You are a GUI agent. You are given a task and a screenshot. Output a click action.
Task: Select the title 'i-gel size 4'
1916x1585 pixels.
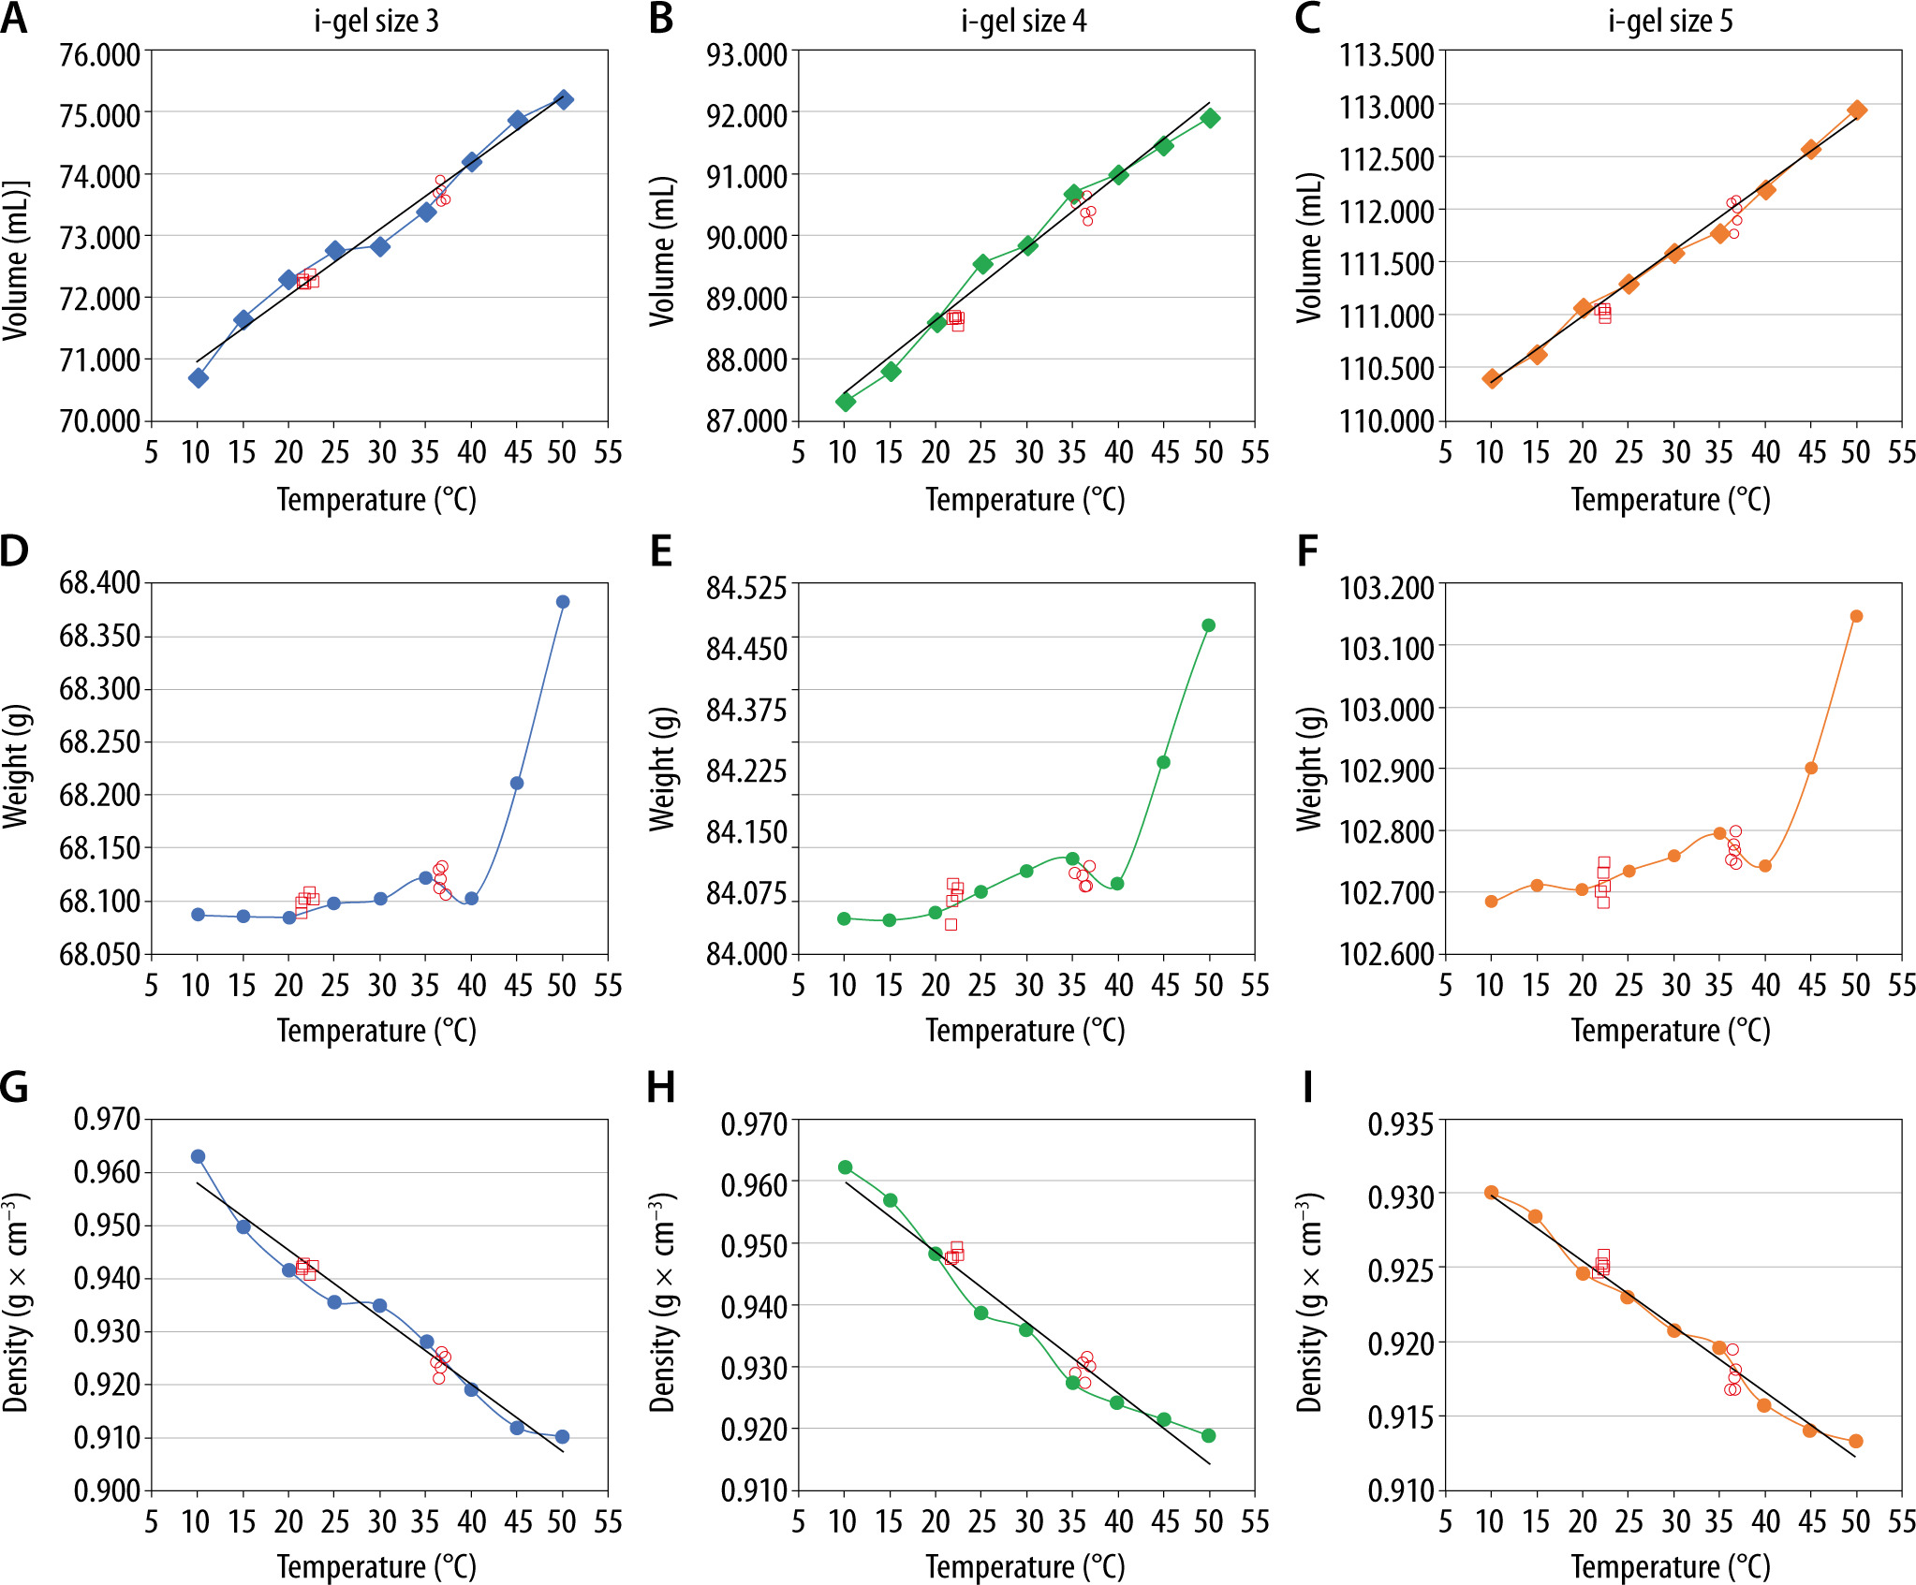tap(1024, 22)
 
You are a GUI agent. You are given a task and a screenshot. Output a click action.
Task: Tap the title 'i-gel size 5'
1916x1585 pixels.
tap(1671, 22)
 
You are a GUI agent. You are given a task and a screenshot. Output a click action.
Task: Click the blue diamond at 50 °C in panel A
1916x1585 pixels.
tap(564, 99)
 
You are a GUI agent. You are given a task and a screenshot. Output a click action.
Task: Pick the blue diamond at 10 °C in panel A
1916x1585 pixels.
tap(198, 377)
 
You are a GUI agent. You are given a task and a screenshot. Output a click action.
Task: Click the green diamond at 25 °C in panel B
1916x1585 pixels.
tap(982, 264)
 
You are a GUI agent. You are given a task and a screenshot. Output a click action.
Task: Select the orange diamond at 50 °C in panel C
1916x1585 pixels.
tap(1857, 110)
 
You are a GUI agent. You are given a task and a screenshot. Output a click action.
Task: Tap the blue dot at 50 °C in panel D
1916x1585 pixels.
tap(563, 602)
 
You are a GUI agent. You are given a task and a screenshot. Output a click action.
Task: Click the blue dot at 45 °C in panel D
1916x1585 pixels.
tap(517, 783)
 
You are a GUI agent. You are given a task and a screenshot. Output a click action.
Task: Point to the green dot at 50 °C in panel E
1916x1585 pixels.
tap(1209, 625)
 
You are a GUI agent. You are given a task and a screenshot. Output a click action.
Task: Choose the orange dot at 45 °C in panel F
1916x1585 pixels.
tap(1811, 769)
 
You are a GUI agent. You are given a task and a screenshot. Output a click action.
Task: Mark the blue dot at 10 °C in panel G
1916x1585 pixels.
tap(198, 1156)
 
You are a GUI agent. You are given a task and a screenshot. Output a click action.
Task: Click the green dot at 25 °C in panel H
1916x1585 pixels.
tap(981, 1313)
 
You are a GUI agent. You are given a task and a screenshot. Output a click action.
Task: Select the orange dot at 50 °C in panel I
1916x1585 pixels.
tap(1856, 1441)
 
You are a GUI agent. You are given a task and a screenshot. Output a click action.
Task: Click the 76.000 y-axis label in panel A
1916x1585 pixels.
tap(99, 55)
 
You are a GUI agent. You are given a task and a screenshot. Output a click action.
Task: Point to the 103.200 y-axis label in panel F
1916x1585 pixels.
tap(1386, 588)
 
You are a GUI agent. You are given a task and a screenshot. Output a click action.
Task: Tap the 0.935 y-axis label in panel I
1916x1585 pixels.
tap(1400, 1123)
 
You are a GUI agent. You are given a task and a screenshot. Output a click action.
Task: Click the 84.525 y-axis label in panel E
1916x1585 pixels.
tap(746, 588)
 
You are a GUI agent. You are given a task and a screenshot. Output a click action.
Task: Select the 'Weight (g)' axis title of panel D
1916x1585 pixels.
tap(16, 767)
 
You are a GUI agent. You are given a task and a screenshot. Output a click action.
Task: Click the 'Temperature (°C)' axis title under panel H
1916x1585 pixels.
tap(1025, 1566)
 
